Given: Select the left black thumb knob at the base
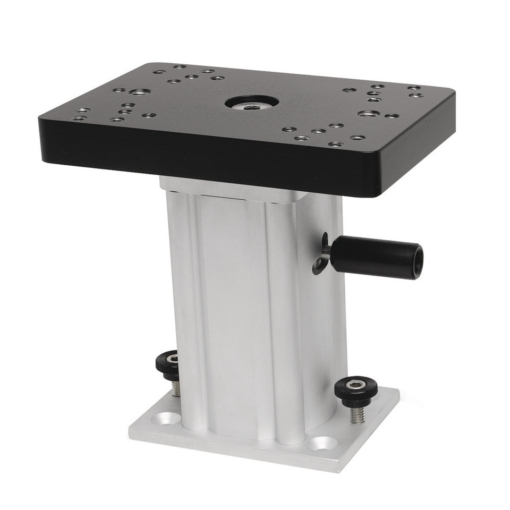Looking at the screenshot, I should (x=171, y=364).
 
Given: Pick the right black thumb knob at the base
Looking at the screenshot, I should (x=355, y=392).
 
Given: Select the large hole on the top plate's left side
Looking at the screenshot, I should (x=139, y=92).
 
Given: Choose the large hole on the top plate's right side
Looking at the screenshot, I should (x=368, y=113).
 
